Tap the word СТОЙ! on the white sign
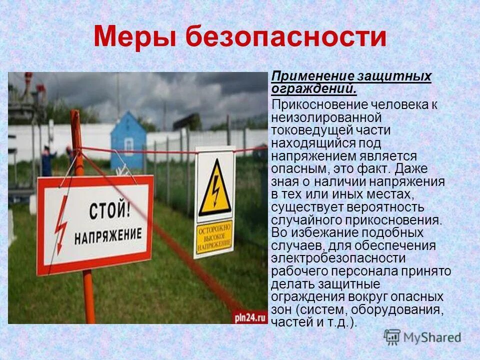click(x=109, y=210)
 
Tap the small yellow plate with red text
click(x=214, y=236)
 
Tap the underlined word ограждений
click(x=313, y=89)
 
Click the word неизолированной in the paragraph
click(x=326, y=117)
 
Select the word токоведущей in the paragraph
click(x=309, y=130)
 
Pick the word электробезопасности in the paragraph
click(x=338, y=258)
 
